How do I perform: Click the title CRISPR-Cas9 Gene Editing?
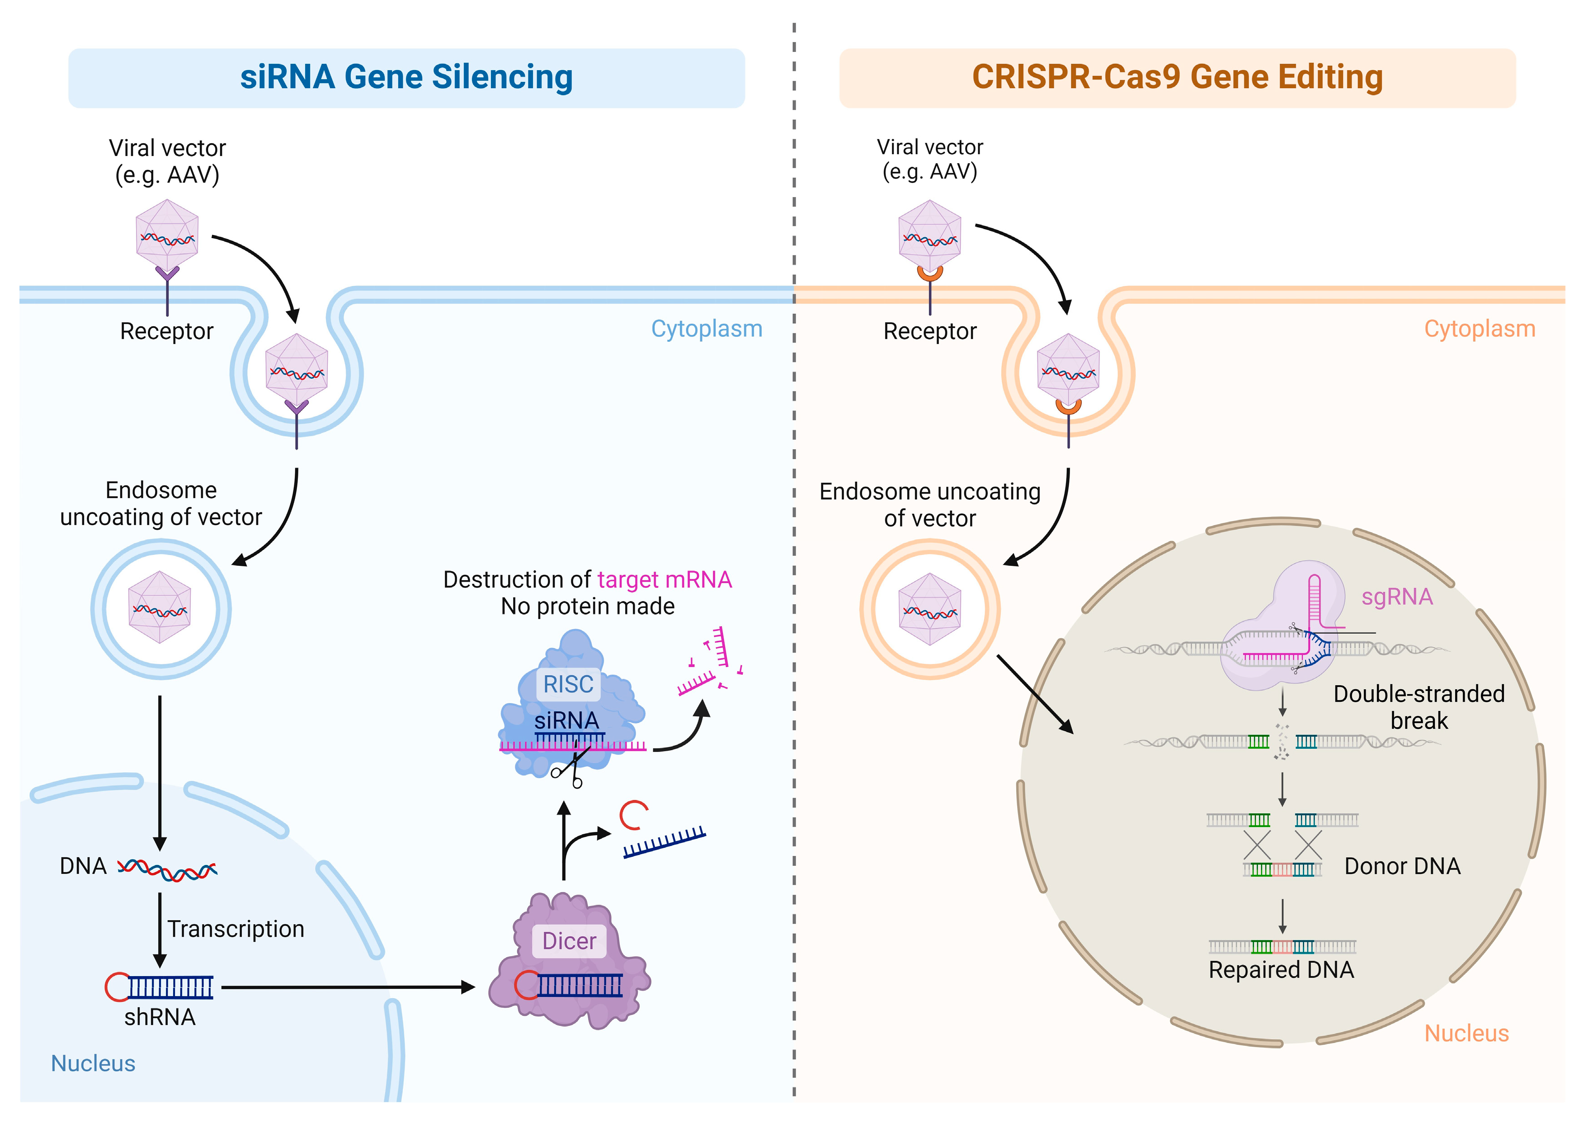pyautogui.click(x=1177, y=77)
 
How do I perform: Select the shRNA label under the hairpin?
pyautogui.click(x=160, y=1017)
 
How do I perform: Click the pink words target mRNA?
pyautogui.click(x=664, y=579)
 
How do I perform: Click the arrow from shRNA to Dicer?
pyautogui.click(x=346, y=987)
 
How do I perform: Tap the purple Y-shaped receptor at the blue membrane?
pyautogui.click(x=167, y=277)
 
